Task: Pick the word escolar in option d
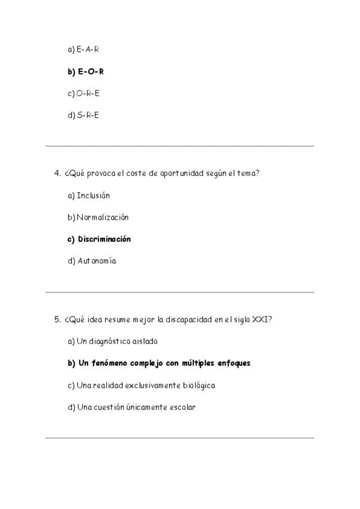coord(182,407)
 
